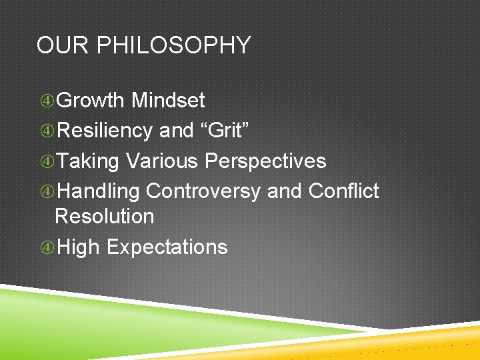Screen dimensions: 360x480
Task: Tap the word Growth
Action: pyautogui.click(x=91, y=101)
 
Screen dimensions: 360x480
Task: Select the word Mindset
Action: pyautogui.click(x=168, y=101)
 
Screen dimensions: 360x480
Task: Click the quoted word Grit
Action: pyautogui.click(x=225, y=131)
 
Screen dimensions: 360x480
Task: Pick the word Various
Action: pyautogui.click(x=163, y=161)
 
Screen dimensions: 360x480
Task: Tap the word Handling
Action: pyautogui.click(x=98, y=192)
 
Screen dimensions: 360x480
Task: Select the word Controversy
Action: pyautogui.click(x=203, y=192)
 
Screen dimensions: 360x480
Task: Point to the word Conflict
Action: pyautogui.click(x=343, y=191)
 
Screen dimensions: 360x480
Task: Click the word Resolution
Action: pyautogui.click(x=104, y=216)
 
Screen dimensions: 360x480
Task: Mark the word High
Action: pyautogui.click(x=78, y=247)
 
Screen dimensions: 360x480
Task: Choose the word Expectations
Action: pyautogui.click(x=167, y=247)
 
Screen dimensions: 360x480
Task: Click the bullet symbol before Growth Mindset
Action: pyautogui.click(x=47, y=101)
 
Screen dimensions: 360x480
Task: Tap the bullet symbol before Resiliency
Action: pyautogui.click(x=47, y=131)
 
